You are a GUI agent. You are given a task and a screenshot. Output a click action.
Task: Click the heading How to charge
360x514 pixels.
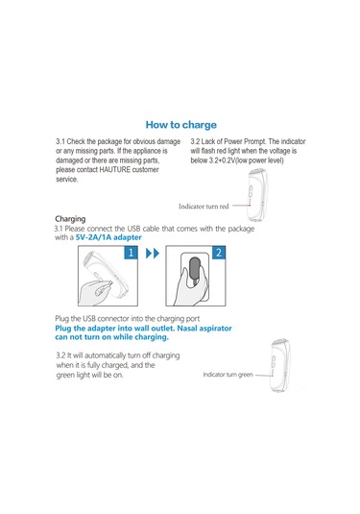point(181,125)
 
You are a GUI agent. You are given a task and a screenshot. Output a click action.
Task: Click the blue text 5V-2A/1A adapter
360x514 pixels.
point(108,237)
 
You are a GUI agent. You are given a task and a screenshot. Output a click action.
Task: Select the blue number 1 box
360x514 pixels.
point(131,253)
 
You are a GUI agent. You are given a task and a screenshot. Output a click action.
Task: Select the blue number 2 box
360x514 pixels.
point(219,253)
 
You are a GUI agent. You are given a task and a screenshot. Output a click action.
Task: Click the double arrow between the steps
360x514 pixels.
point(153,253)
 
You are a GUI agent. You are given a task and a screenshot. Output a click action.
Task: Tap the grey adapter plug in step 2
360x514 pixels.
point(194,269)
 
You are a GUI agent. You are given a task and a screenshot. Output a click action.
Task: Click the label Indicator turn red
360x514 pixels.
point(204,207)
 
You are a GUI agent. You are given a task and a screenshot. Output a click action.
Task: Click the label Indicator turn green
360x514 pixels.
point(228,375)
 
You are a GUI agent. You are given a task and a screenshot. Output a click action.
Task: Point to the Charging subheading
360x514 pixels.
point(70,219)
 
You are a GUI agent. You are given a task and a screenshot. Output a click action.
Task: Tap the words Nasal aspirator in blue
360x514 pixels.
point(204,329)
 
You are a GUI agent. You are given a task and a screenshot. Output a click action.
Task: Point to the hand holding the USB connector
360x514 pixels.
point(96,288)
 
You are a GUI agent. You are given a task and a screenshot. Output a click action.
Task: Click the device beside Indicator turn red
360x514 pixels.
point(257,194)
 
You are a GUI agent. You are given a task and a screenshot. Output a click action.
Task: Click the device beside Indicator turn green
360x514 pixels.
point(279,365)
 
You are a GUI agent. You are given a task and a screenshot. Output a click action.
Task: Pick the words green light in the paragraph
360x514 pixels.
point(73,375)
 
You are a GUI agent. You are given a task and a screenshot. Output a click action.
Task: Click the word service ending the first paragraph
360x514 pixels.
point(67,179)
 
